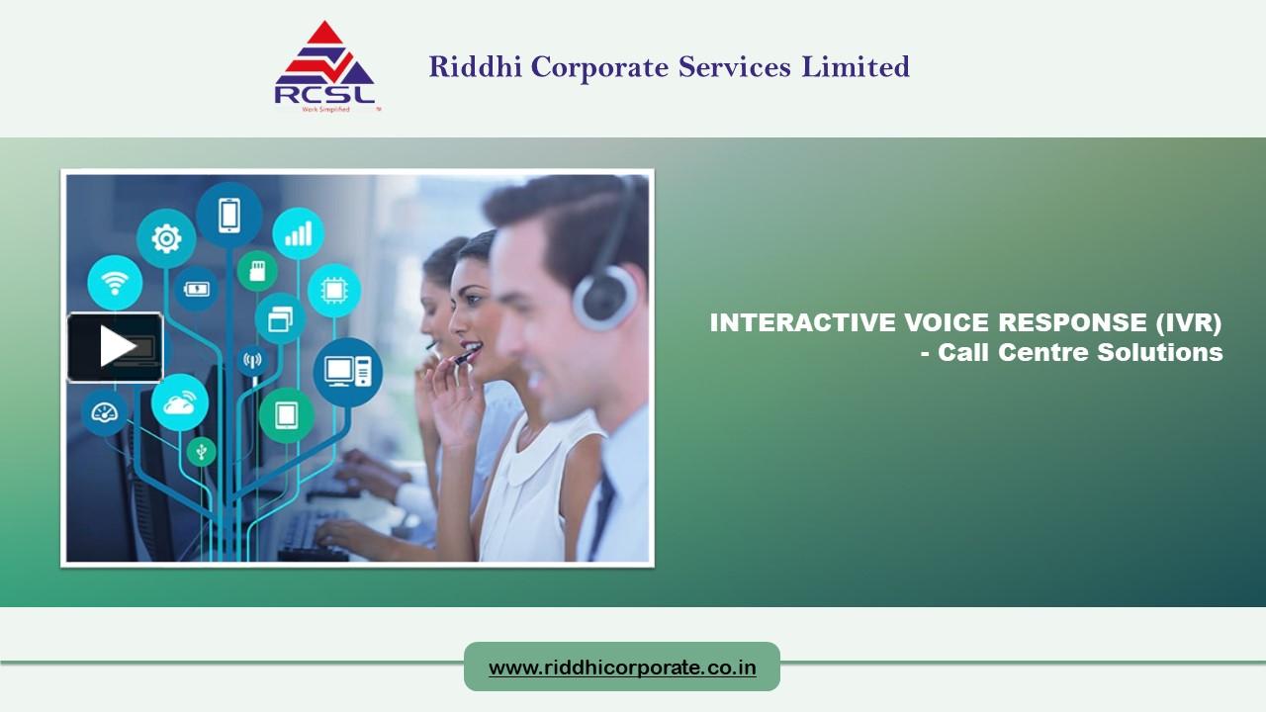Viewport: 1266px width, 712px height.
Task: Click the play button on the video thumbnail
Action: (x=116, y=346)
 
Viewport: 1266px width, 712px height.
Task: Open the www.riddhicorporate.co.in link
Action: (x=622, y=667)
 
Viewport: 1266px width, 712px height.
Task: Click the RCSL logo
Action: (x=324, y=67)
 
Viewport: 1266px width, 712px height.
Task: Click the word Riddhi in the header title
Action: (x=476, y=67)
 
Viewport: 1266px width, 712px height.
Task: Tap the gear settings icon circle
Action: (x=165, y=238)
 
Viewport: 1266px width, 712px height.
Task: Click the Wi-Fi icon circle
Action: (x=115, y=283)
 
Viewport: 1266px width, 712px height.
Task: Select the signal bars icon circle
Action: (x=298, y=233)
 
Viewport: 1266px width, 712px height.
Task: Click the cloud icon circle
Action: (x=179, y=402)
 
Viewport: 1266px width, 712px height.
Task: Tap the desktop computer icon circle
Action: (x=347, y=371)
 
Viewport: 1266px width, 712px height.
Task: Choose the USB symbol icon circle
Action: (x=201, y=452)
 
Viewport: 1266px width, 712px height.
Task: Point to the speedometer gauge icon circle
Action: (x=104, y=412)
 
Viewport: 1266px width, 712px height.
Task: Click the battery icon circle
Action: (x=197, y=289)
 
